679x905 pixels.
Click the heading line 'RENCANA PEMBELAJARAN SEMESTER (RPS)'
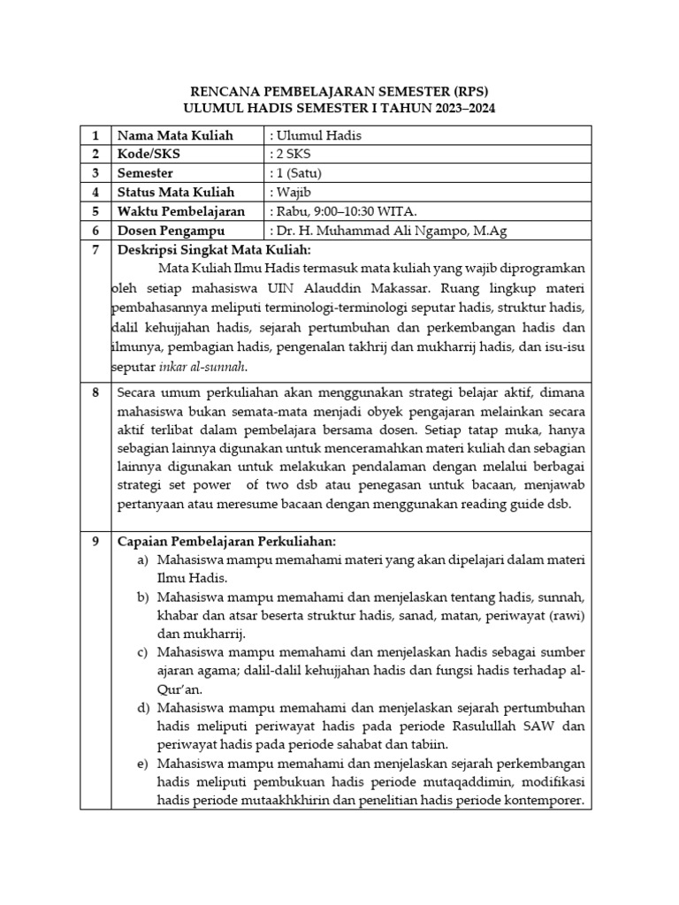point(340,91)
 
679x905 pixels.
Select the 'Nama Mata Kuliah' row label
point(175,135)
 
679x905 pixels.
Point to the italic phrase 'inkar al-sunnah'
point(202,366)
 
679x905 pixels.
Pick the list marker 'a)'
point(142,560)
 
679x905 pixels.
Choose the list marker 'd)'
point(142,709)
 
